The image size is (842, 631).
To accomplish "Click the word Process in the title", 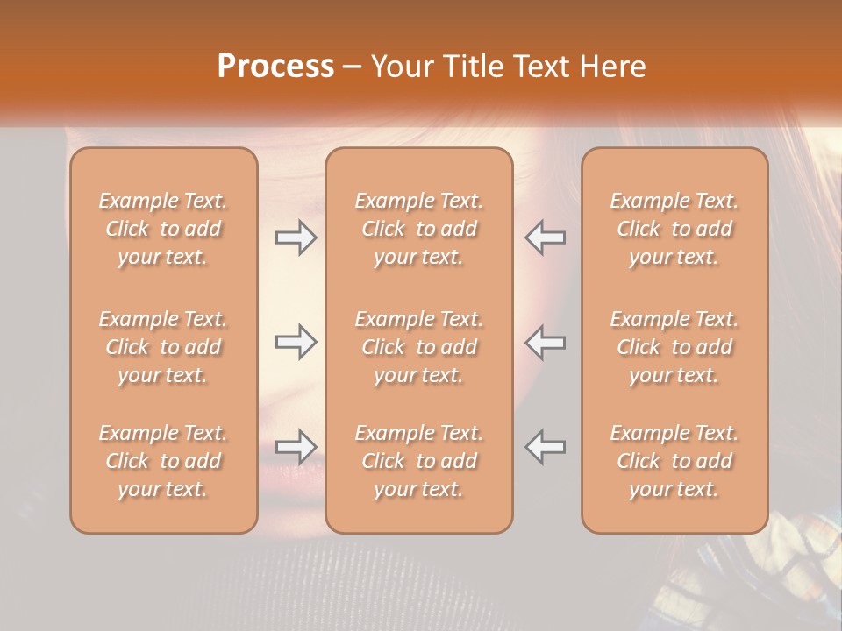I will (x=275, y=66).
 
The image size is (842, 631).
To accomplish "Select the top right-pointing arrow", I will (x=296, y=238).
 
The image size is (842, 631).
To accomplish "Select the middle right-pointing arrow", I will (x=296, y=342).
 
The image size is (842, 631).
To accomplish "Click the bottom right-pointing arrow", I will (x=296, y=447).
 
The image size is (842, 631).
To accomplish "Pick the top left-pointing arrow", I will (x=546, y=238).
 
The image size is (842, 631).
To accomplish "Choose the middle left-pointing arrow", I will (x=546, y=342).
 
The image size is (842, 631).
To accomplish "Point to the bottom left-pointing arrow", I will (x=546, y=447).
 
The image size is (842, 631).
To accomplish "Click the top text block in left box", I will (x=163, y=229).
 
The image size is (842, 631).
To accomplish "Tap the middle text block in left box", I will (x=163, y=347).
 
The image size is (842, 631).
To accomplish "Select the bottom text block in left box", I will (x=163, y=461).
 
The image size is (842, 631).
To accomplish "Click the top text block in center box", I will (x=418, y=229).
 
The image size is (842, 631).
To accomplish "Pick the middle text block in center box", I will (x=418, y=347).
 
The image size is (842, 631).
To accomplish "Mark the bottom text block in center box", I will (x=418, y=461).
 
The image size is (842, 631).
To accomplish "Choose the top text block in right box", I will (x=674, y=229).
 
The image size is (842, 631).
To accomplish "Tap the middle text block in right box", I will (x=674, y=347).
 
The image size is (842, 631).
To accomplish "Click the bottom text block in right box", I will (x=674, y=461).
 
